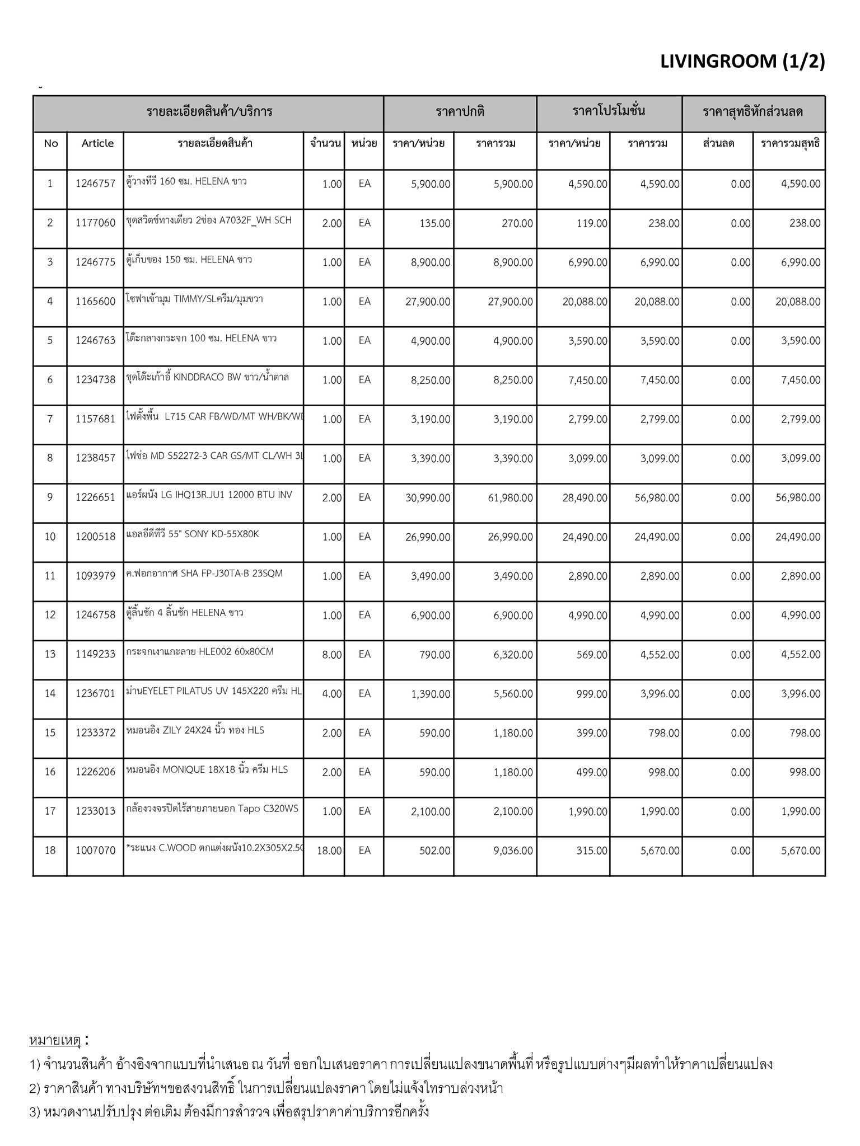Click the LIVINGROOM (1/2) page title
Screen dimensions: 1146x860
[x=742, y=62]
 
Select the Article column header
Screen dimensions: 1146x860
[x=97, y=143]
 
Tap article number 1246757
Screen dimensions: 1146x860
[x=95, y=184]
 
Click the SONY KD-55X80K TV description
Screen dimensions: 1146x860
[x=193, y=534]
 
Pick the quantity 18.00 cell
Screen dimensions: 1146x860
[x=329, y=851]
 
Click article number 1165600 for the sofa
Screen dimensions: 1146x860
[x=95, y=302]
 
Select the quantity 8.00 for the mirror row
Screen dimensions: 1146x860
[x=331, y=655]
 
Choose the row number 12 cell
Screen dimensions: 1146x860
[x=50, y=615]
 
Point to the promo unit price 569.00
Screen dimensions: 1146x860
[x=592, y=655]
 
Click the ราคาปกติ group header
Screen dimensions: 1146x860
[x=460, y=112]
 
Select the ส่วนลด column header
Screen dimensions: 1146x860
[x=718, y=143]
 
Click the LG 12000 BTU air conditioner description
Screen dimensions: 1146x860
[x=209, y=495]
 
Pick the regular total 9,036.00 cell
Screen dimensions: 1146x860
[x=513, y=851]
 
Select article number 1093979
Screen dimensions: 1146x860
[x=95, y=576]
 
